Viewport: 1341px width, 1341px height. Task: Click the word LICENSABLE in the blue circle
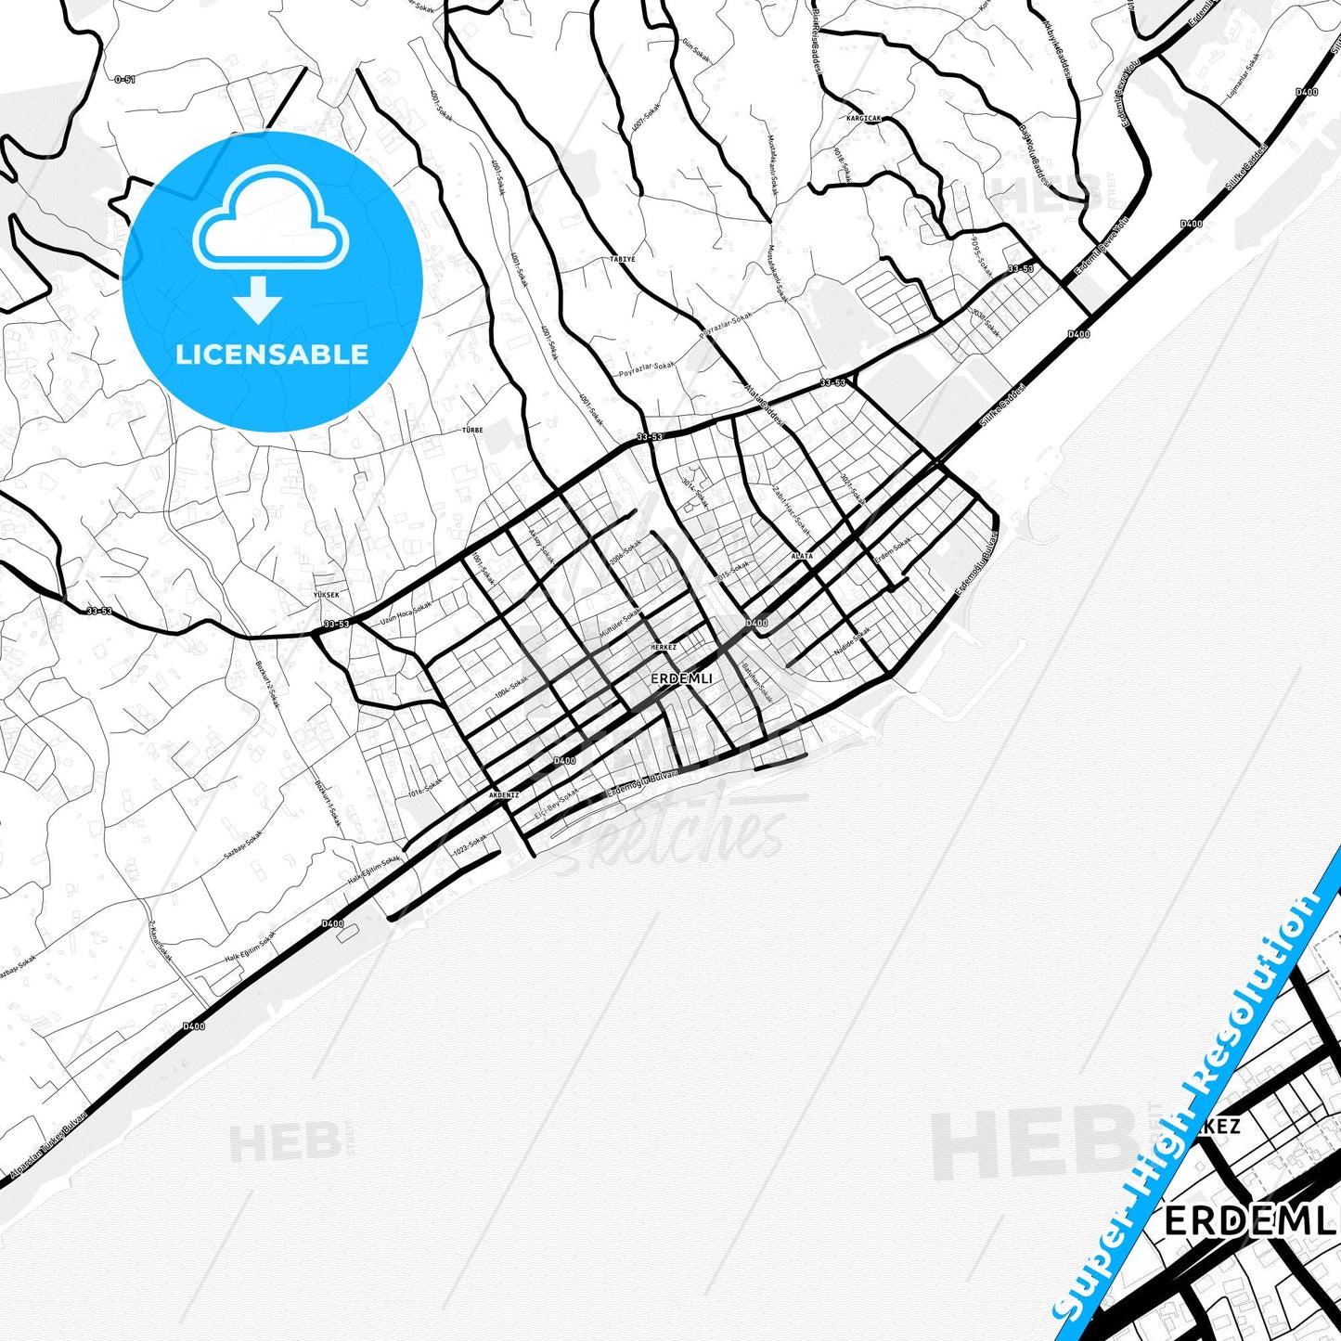[x=272, y=355]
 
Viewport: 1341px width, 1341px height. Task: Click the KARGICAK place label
[x=863, y=119]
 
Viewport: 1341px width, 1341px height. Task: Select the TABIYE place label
[x=623, y=259]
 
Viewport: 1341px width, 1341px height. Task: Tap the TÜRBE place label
[x=472, y=431]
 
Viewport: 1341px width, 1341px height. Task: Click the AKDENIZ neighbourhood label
[x=504, y=795]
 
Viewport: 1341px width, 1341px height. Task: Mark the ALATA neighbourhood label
[x=802, y=556]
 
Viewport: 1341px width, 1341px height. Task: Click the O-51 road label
[x=124, y=80]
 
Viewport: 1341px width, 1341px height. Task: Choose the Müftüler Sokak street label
[x=619, y=624]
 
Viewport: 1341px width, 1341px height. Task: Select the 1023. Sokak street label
[x=469, y=845]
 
